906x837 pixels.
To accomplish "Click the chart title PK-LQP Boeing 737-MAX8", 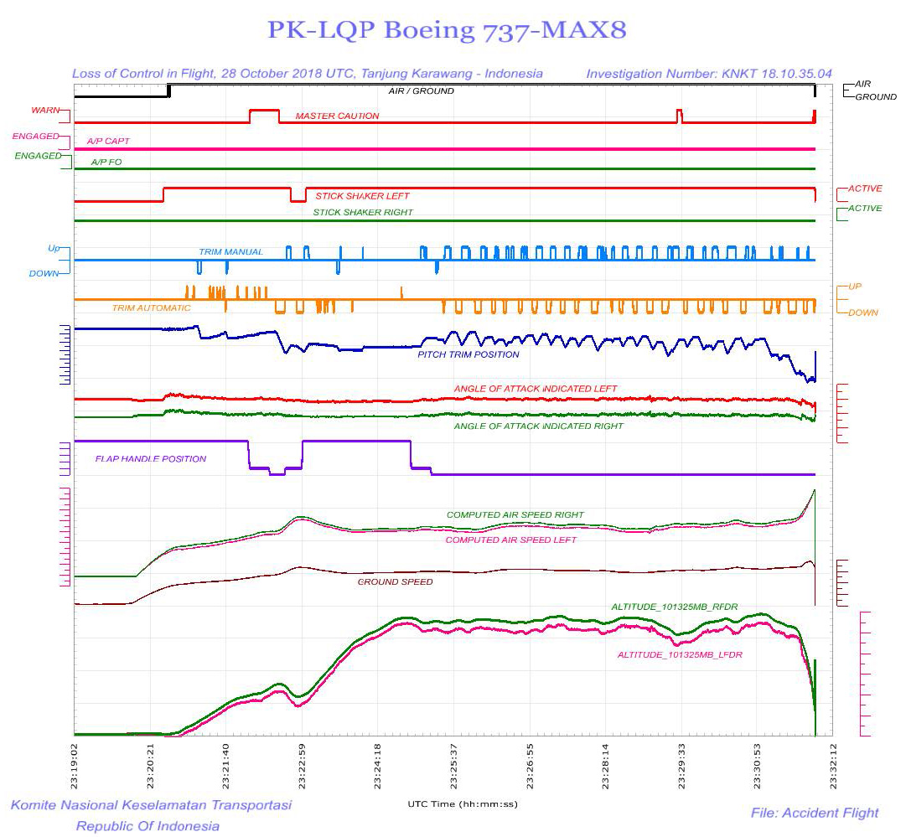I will pos(447,30).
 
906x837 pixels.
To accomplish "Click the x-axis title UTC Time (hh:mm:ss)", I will pos(462,803).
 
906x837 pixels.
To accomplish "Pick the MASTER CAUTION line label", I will pos(337,116).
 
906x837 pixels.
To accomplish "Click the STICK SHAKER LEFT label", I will pos(362,196).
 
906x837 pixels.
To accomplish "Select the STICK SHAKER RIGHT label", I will pos(363,213).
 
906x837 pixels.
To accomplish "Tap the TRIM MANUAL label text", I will pos(230,251).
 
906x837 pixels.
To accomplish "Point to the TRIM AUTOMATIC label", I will pos(151,308).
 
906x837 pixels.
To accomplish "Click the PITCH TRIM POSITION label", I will pos(468,354).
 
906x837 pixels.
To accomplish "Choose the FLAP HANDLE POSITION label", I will pos(150,458).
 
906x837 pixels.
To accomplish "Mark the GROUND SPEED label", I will pos(395,581).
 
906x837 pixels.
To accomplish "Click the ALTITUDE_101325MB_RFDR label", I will pos(674,606).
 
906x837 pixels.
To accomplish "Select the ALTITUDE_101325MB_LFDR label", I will pos(680,654).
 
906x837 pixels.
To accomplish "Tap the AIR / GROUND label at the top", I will pos(421,90).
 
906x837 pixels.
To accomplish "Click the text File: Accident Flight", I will pos(814,812).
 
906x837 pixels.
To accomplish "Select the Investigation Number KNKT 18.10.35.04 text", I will pos(708,74).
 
